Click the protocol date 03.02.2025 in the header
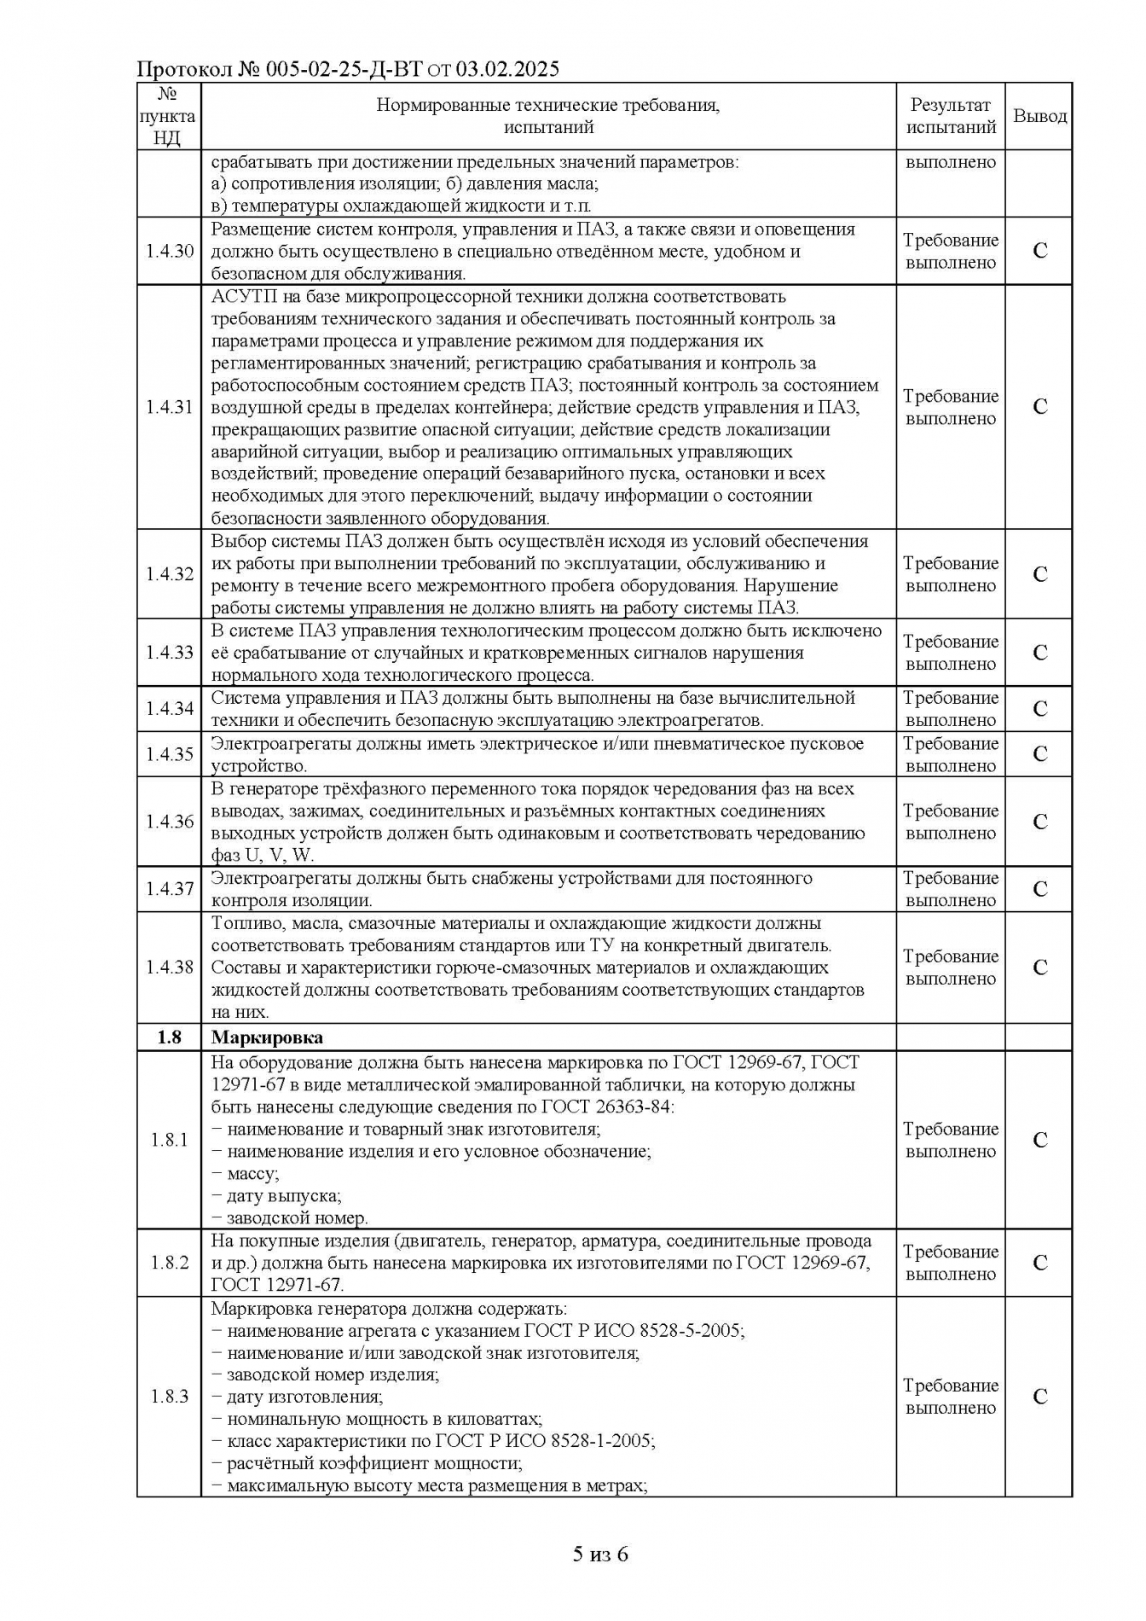click(507, 69)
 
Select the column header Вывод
click(1039, 116)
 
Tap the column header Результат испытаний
click(951, 116)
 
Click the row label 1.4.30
click(169, 251)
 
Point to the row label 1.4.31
click(169, 407)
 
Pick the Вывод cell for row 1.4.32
click(1039, 574)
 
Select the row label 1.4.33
click(169, 653)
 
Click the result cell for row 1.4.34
click(951, 709)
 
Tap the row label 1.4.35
click(169, 754)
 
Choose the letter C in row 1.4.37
click(1039, 889)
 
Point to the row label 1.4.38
click(169, 967)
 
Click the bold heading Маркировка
click(267, 1037)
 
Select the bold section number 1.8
click(169, 1037)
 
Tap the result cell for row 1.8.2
click(951, 1263)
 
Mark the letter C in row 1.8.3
click(1039, 1397)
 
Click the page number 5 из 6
click(600, 1554)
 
